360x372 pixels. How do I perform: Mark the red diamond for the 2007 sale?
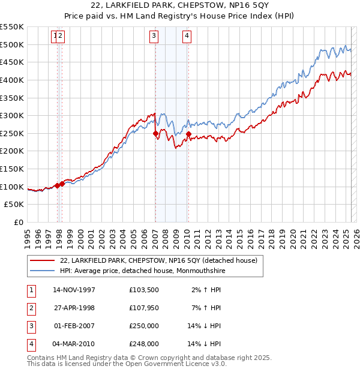155,133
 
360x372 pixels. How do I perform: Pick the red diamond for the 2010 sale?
188,134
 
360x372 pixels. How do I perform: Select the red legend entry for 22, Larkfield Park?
158,260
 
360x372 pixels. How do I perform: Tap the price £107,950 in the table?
143,308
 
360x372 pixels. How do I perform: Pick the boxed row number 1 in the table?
31,290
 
